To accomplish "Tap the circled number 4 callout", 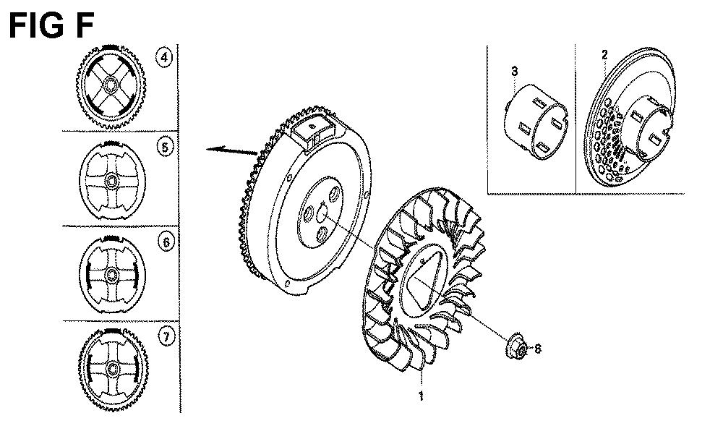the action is point(165,58).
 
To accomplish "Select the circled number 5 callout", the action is point(165,148).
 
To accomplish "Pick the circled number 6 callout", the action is point(166,242).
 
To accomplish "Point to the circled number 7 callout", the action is point(166,338).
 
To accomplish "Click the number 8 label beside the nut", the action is point(538,349).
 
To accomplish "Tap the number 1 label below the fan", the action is point(420,396).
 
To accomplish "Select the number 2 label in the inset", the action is point(604,55).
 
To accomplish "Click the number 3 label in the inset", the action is point(515,72).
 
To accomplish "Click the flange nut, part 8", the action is point(517,350).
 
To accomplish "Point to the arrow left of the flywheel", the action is point(231,150).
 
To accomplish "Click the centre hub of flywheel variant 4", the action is point(111,86).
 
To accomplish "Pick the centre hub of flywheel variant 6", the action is point(111,275).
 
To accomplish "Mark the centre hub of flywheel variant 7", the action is point(112,368).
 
